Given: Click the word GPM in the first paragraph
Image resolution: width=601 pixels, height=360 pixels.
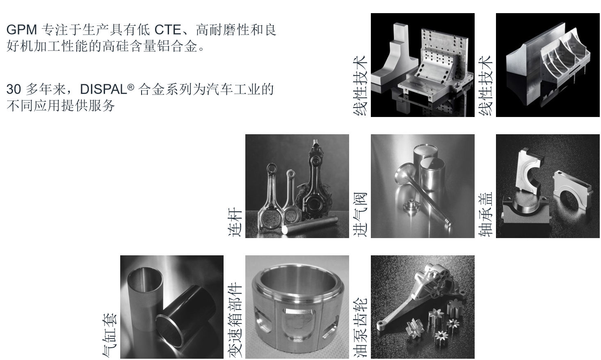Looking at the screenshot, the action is pyautogui.click(x=22, y=30).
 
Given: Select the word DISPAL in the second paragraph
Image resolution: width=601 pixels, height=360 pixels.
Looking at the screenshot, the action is pyautogui.click(x=103, y=89).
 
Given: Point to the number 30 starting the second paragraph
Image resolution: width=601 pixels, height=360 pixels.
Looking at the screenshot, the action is pyautogui.click(x=14, y=89).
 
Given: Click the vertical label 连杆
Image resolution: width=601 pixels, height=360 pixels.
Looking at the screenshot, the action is pyautogui.click(x=235, y=222).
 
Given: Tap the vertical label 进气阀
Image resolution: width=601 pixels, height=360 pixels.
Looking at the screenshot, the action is pyautogui.click(x=360, y=215).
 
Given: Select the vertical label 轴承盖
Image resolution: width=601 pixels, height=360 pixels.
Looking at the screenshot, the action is pyautogui.click(x=486, y=215).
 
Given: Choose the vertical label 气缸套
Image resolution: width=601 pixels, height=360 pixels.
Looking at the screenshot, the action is pyautogui.click(x=110, y=335).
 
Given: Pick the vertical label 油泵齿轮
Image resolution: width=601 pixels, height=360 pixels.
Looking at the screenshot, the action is pyautogui.click(x=360, y=327).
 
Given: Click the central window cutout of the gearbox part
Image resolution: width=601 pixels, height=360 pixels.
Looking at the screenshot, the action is pyautogui.click(x=297, y=323).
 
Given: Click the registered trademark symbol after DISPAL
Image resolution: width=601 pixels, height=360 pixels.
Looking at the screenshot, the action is pyautogui.click(x=131, y=87).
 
